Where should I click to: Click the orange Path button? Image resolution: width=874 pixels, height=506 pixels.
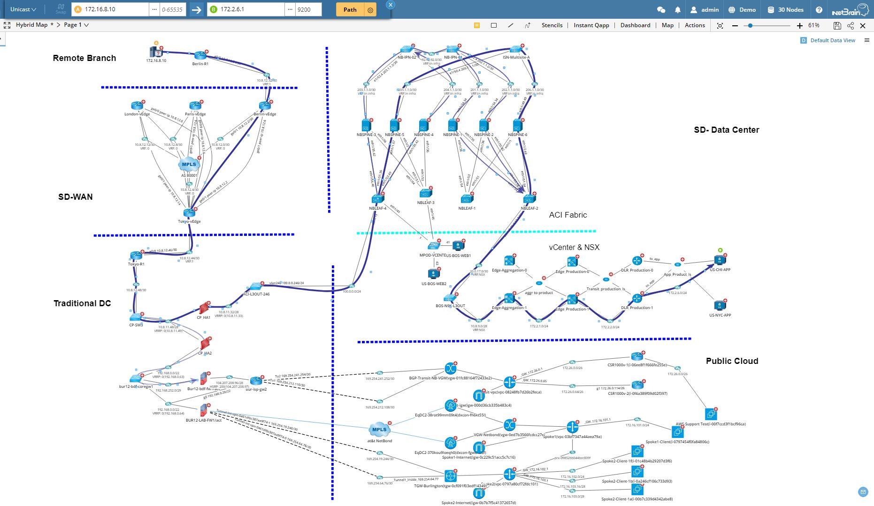click(x=350, y=9)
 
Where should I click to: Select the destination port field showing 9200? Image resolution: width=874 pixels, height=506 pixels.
click(x=307, y=9)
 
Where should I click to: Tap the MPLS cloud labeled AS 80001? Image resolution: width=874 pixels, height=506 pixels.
click(x=189, y=165)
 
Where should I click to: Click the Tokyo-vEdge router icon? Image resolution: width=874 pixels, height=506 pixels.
click(x=189, y=213)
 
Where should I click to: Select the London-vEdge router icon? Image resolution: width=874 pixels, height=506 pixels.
click(x=137, y=106)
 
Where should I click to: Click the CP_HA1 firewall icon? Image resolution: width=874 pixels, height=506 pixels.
click(x=204, y=308)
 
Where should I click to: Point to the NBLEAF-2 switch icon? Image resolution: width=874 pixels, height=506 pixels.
click(x=529, y=199)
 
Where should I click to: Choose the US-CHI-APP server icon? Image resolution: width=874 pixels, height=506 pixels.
click(x=720, y=260)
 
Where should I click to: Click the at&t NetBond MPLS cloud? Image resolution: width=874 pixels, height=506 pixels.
click(x=379, y=430)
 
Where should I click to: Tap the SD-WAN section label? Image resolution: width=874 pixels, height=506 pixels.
click(x=75, y=197)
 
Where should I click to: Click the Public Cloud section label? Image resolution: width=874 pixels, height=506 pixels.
click(x=732, y=361)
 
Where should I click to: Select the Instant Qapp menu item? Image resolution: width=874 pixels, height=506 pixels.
click(x=591, y=25)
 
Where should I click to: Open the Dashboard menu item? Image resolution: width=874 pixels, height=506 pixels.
click(x=635, y=25)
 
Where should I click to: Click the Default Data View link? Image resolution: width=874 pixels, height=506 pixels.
click(x=832, y=40)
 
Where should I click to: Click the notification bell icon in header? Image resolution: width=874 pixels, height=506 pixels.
click(x=677, y=9)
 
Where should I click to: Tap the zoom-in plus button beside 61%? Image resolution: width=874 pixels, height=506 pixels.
click(x=800, y=25)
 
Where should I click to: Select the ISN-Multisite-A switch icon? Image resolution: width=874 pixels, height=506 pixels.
click(x=516, y=50)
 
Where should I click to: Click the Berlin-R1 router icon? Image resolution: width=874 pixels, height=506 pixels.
click(x=200, y=55)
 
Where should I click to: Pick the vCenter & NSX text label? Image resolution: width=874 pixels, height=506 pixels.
click(x=574, y=247)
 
